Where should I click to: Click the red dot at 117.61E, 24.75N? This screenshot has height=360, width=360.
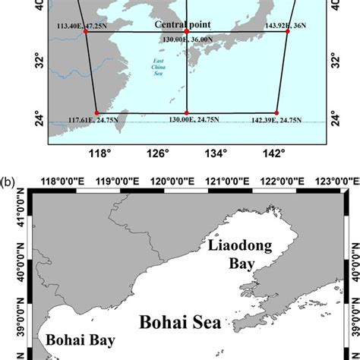point(96,112)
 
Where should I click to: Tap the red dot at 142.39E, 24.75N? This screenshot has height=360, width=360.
point(276,112)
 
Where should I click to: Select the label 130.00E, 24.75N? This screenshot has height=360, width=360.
point(188,119)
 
